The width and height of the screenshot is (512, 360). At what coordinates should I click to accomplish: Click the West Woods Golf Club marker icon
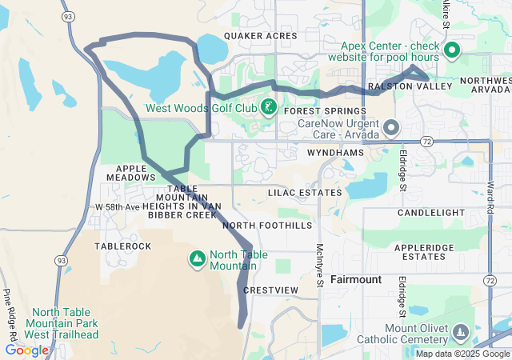click(x=268, y=107)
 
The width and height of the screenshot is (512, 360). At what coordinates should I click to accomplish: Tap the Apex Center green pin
click(x=451, y=51)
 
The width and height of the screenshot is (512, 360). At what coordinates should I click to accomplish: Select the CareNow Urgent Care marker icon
click(x=391, y=128)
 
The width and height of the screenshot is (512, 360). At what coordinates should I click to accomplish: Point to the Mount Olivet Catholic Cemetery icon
click(x=460, y=332)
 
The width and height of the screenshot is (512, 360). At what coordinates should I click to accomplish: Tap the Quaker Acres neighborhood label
click(x=261, y=36)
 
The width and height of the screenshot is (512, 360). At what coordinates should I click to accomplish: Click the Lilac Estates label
click(x=305, y=193)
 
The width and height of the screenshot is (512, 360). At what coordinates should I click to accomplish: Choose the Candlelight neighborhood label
click(x=431, y=213)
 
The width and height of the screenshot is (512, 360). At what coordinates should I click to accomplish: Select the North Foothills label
click(x=267, y=226)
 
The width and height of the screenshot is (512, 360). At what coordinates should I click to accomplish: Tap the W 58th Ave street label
click(x=117, y=207)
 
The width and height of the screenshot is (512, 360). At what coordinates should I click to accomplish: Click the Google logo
click(x=26, y=350)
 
